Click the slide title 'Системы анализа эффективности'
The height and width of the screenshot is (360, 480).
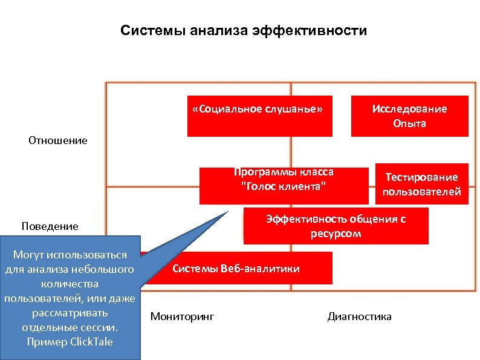(x=243, y=30)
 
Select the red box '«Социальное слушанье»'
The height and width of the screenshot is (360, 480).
(x=259, y=116)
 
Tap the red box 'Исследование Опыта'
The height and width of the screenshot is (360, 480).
(x=409, y=116)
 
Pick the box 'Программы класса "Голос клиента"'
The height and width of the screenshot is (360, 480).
(x=284, y=185)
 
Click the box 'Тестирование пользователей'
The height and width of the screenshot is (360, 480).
(x=421, y=184)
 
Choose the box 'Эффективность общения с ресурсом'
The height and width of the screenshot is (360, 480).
(x=336, y=226)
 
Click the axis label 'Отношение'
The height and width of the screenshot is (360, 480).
(x=58, y=140)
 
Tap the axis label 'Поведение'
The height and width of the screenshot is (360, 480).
(x=50, y=226)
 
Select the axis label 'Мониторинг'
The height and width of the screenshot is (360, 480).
(x=182, y=316)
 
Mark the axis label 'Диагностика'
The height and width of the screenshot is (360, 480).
(x=359, y=316)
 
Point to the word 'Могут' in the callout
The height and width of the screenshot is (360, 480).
(x=30, y=255)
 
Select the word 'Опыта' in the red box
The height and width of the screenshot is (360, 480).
(x=409, y=123)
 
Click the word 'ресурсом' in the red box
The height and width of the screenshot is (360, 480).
(x=336, y=234)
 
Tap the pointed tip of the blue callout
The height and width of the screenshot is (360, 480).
(x=228, y=211)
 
